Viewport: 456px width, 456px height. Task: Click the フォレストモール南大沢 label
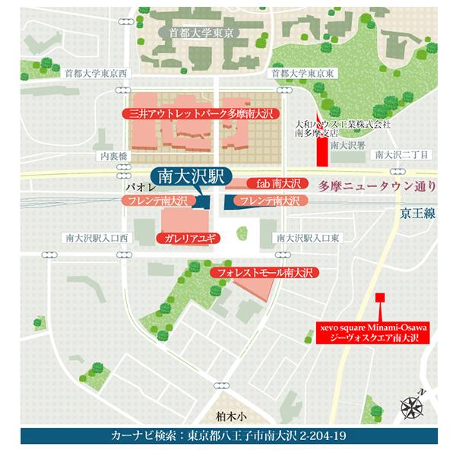point(264,271)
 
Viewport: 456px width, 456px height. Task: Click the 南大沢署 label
point(345,143)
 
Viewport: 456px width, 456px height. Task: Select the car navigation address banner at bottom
point(228,437)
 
